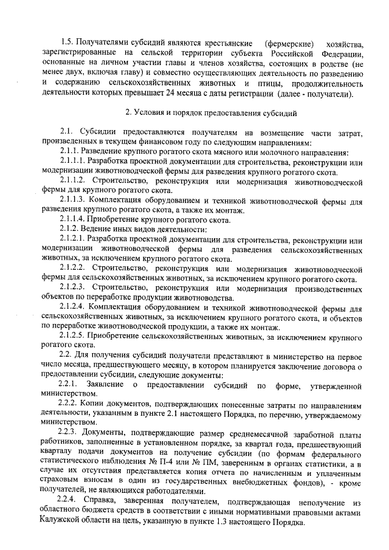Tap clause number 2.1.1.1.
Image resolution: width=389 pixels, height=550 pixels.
(73, 160)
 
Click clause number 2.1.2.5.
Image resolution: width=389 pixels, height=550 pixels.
(74, 336)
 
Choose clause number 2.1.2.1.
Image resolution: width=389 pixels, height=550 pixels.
(73, 239)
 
